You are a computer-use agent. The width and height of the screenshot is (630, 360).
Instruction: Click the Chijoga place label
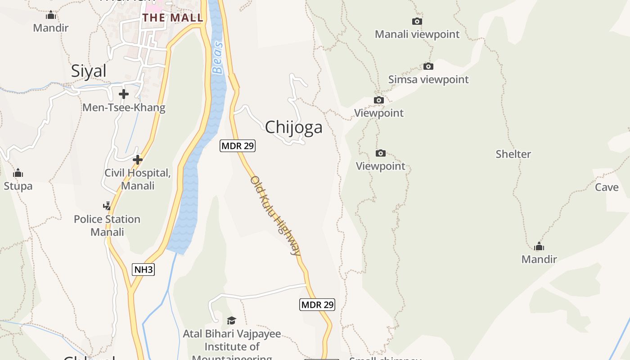pos(293,127)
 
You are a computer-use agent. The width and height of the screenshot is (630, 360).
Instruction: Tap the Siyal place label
pos(89,71)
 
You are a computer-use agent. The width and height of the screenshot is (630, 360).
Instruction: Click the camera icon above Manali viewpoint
pos(417,21)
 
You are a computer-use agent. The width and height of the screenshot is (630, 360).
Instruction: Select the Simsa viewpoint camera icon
pos(428,67)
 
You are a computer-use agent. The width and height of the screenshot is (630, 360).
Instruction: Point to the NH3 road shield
pos(144,270)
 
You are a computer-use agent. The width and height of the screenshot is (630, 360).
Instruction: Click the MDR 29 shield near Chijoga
pos(238,146)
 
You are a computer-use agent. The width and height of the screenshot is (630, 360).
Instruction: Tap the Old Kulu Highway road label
pos(275,215)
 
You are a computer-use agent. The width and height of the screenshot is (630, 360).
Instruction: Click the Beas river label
pos(218,58)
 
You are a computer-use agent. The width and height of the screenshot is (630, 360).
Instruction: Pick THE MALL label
pos(173,18)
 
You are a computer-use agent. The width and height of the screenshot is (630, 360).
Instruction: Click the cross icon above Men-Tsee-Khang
pos(124,94)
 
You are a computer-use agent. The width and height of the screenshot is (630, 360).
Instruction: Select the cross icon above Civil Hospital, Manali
pos(138,160)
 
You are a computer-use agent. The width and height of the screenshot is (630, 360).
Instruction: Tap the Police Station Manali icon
pos(107,206)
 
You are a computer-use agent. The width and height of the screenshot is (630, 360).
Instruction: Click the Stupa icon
pos(18,173)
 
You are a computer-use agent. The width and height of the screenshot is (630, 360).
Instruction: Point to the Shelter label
pos(513,154)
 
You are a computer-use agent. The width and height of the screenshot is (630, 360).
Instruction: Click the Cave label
pos(607,187)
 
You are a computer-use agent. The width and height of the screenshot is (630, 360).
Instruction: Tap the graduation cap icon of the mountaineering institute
pos(231,320)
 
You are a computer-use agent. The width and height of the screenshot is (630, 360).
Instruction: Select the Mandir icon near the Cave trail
pos(539,247)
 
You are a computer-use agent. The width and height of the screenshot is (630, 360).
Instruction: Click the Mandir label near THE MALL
pos(51,28)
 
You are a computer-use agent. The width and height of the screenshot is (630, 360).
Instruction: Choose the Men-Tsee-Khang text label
pos(124,108)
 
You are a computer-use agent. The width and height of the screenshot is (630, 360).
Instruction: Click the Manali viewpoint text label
pos(417,34)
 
